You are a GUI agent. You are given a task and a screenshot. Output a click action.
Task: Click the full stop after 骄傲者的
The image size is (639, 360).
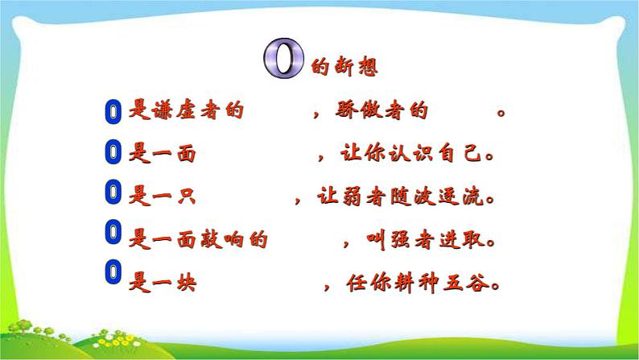(501, 114)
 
